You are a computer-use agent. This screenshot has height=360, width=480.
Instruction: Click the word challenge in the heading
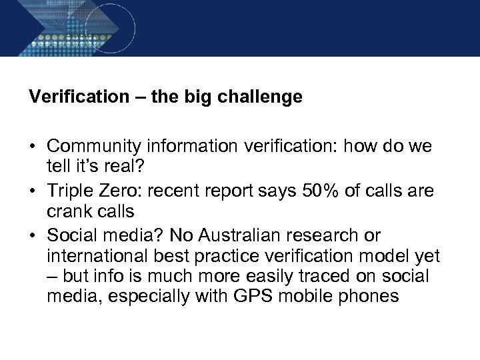click(x=262, y=97)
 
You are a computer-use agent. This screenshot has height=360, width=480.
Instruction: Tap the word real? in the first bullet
click(x=109, y=164)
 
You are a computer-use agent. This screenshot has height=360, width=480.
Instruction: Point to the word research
click(x=329, y=237)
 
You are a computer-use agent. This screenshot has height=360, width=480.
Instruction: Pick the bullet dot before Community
click(x=33, y=147)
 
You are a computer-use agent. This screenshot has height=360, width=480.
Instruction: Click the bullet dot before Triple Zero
click(x=33, y=192)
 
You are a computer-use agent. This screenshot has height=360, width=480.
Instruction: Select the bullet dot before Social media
click(x=33, y=237)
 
